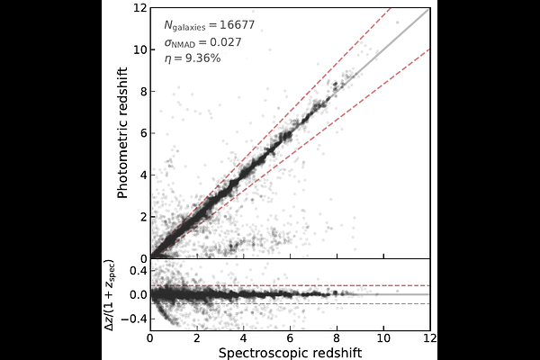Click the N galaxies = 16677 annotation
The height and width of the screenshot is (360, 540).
209,25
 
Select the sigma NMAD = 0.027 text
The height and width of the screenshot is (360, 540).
202,42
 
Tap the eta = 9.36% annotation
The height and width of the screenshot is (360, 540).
193,58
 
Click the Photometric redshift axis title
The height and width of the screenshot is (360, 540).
122,132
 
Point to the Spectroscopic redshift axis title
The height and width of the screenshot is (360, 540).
290,353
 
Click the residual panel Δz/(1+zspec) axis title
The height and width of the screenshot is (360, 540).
110,295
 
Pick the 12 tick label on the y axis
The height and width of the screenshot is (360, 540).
139,7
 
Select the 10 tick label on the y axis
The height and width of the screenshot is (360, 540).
139,49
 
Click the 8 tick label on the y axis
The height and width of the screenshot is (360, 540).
143,91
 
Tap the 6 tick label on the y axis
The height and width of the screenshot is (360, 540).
143,133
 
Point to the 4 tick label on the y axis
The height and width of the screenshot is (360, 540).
143,175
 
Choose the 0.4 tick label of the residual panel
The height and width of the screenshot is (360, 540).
138,271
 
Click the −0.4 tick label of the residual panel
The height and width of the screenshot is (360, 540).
133,319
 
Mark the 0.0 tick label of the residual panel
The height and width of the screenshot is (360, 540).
138,295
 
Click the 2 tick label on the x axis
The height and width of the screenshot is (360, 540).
196,338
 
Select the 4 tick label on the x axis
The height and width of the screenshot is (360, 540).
244,338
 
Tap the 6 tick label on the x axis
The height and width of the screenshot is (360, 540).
290,338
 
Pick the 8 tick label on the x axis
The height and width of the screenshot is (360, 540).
337,338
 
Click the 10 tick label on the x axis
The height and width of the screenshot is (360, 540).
383,338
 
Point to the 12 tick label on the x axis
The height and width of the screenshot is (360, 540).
430,338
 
